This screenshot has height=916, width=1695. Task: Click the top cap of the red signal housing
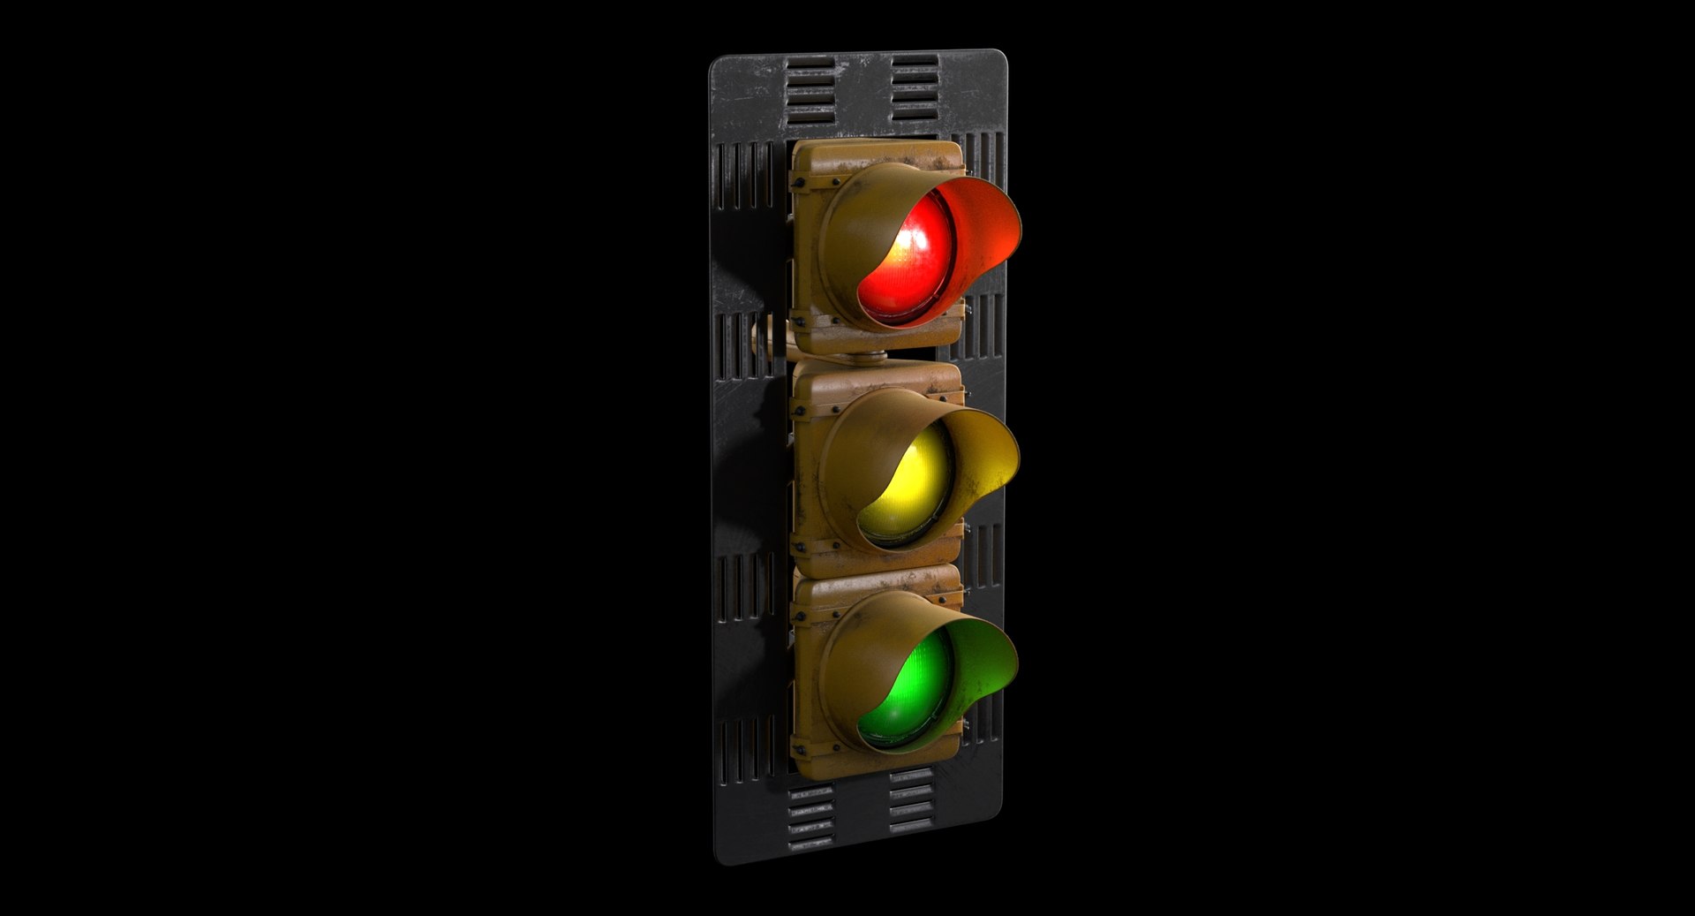pyautogui.click(x=874, y=155)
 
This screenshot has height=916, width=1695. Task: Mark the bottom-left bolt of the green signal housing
pyautogui.click(x=800, y=751)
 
